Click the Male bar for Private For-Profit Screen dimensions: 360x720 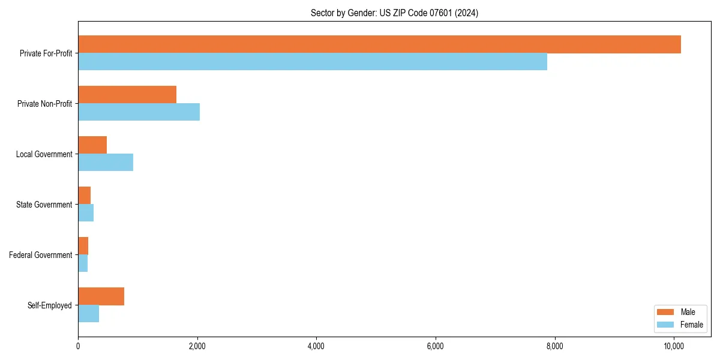click(x=379, y=44)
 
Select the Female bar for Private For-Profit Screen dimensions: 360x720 click(x=313, y=62)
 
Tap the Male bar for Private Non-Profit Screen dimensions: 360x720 click(x=127, y=95)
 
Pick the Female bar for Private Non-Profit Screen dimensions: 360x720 click(x=139, y=112)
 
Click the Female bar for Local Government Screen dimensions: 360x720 click(x=106, y=163)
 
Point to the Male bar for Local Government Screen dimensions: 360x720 click(x=92, y=145)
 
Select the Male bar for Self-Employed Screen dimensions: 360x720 click(x=101, y=296)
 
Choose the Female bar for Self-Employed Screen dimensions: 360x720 click(x=88, y=314)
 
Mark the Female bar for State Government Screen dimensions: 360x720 click(x=86, y=213)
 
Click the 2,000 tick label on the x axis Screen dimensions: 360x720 click(x=197, y=346)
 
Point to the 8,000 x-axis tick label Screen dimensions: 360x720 click(x=554, y=346)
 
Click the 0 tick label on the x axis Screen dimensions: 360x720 click(x=78, y=346)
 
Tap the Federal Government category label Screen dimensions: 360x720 click(x=41, y=255)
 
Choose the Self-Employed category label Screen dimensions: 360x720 click(x=50, y=305)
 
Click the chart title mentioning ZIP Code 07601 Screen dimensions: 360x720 click(x=394, y=13)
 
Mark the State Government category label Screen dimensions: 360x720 click(x=44, y=205)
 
